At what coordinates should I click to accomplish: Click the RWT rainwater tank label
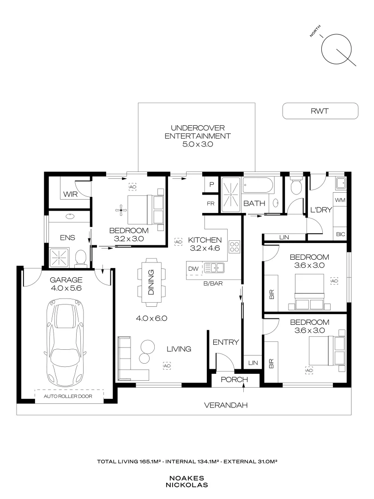point(320,111)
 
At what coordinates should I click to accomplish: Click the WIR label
point(70,195)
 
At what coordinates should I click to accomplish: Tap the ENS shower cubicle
point(60,256)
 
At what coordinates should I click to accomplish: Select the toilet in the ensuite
point(81,257)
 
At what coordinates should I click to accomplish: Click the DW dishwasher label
point(193,268)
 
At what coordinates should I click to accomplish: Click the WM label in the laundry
point(340,200)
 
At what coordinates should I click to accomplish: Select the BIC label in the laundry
point(341,234)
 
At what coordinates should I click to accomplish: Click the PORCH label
point(234,380)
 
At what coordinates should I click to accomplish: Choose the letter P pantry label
point(211,184)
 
